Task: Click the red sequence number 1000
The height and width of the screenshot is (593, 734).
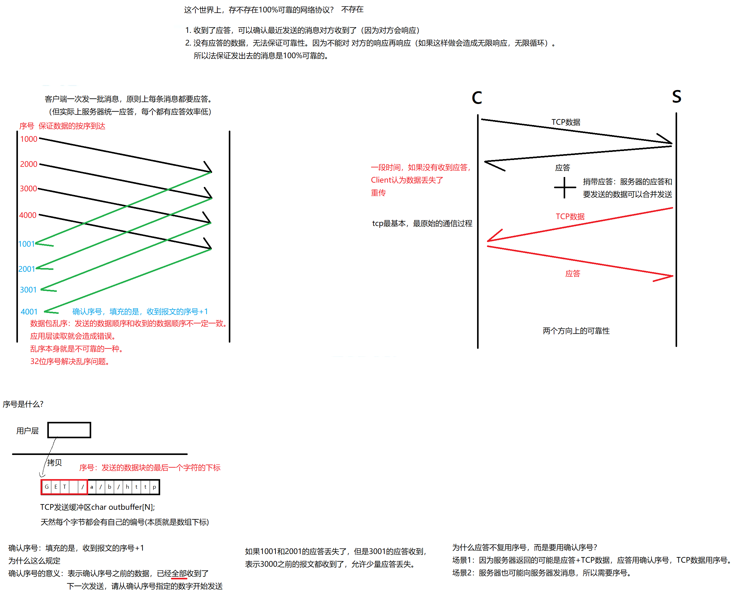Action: coord(29,139)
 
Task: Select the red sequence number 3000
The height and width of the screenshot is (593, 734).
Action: coord(28,188)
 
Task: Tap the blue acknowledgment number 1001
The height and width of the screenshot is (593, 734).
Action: coord(26,244)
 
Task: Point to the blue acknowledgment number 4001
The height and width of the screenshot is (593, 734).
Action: coord(29,312)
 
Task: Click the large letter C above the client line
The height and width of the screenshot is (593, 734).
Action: coord(477,98)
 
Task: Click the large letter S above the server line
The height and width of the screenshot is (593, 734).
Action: coord(676,97)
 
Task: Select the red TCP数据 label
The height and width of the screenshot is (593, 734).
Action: coord(570,217)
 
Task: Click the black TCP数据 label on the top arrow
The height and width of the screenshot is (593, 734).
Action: coord(565,122)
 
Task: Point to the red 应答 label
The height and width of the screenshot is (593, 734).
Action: coord(573,274)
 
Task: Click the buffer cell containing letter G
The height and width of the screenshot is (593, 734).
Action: coord(47,487)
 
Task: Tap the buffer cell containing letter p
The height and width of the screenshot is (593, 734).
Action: coord(154,487)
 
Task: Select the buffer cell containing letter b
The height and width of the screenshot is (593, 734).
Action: coord(109,487)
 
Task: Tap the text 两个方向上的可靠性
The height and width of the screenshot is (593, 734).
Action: coord(576,331)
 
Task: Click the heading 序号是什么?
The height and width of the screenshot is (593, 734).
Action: coord(23,404)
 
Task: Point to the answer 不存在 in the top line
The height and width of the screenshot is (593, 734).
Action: coord(352,10)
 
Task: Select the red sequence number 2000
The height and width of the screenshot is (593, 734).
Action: coord(29,164)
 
